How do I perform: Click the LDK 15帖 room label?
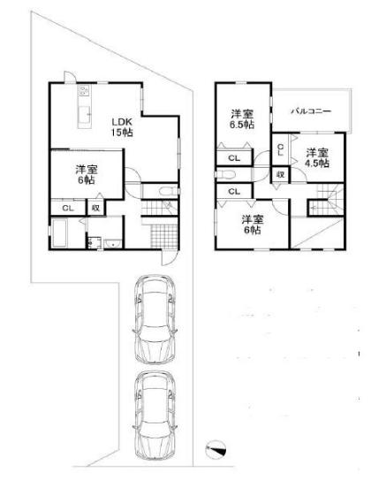pos(122,127)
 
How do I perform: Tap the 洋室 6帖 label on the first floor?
pos(87,174)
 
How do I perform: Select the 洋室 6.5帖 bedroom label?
pos(242,119)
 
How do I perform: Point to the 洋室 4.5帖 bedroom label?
pos(317,157)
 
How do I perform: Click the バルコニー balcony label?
pos(311,110)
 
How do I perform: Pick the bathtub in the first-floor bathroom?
pos(59,233)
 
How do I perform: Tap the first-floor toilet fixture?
pos(168,191)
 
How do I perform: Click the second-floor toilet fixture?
pos(225,174)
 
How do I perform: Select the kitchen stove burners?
pos(84,90)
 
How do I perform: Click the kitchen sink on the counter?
pos(84,114)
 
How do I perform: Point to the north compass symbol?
pos(216,449)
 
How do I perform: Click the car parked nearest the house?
pos(155,319)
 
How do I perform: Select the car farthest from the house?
pos(155,415)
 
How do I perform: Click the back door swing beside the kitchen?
pos(70,77)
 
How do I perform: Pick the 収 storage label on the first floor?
pos(96,208)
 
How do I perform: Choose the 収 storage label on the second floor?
pos(281,174)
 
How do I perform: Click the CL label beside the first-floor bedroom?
pos(68,208)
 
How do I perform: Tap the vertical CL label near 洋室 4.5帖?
pos(280,150)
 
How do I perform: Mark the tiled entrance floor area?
pos(164,236)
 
